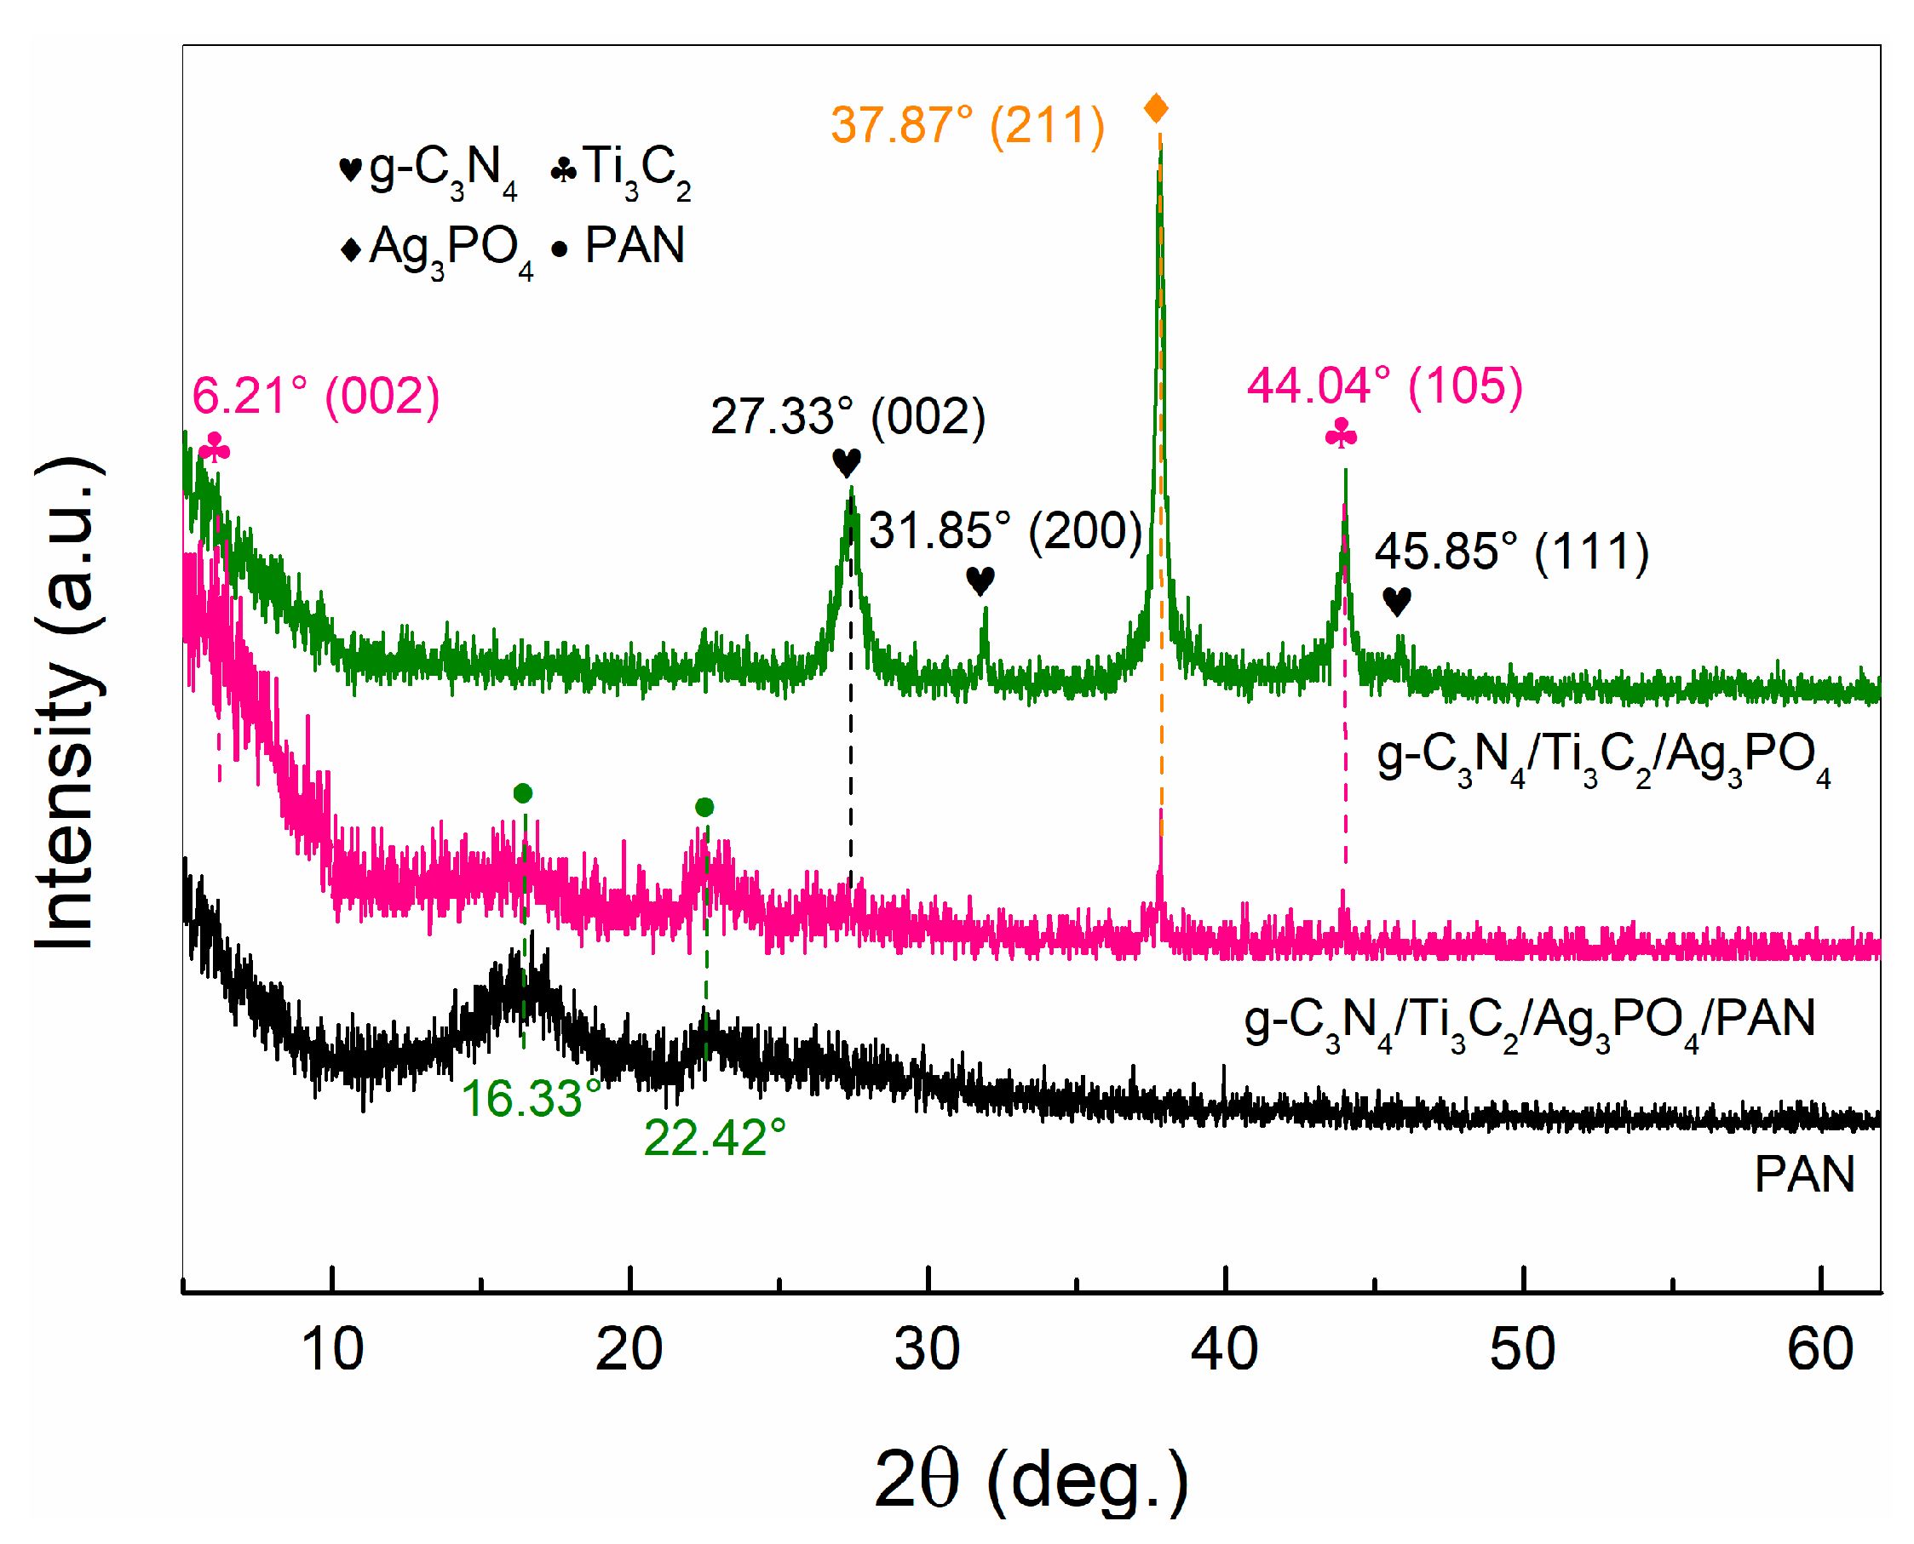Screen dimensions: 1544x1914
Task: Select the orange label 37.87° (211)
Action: click(x=968, y=124)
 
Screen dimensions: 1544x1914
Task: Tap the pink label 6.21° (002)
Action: click(x=316, y=396)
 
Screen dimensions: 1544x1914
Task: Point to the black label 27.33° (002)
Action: click(x=847, y=416)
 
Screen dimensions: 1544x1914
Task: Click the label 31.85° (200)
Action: click(x=1005, y=530)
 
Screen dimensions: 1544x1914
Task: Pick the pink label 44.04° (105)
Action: click(x=1384, y=386)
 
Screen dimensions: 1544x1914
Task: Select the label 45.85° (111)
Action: click(x=1512, y=552)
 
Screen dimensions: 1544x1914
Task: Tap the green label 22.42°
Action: click(x=715, y=1137)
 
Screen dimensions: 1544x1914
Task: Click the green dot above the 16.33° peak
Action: click(x=523, y=792)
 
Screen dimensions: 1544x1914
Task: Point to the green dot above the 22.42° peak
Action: click(x=704, y=807)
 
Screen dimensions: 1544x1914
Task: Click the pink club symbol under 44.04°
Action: click(x=1341, y=435)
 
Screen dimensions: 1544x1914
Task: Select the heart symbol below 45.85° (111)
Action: click(x=1397, y=601)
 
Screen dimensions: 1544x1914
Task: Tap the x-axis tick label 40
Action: click(x=1224, y=1349)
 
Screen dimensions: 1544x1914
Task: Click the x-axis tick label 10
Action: click(x=332, y=1349)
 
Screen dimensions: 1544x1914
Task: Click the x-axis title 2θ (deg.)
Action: click(x=1031, y=1480)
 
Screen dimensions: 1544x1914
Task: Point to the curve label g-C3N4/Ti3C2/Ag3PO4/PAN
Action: click(x=1530, y=1021)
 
